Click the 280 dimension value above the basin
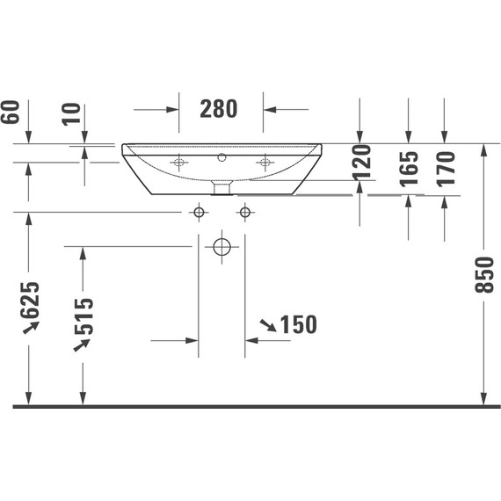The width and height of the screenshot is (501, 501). (219, 109)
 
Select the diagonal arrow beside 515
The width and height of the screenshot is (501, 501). (83, 345)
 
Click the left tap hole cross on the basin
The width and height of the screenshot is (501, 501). (180, 162)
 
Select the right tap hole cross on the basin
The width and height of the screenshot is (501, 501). (263, 162)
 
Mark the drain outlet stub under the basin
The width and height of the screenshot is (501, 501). (222, 187)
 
